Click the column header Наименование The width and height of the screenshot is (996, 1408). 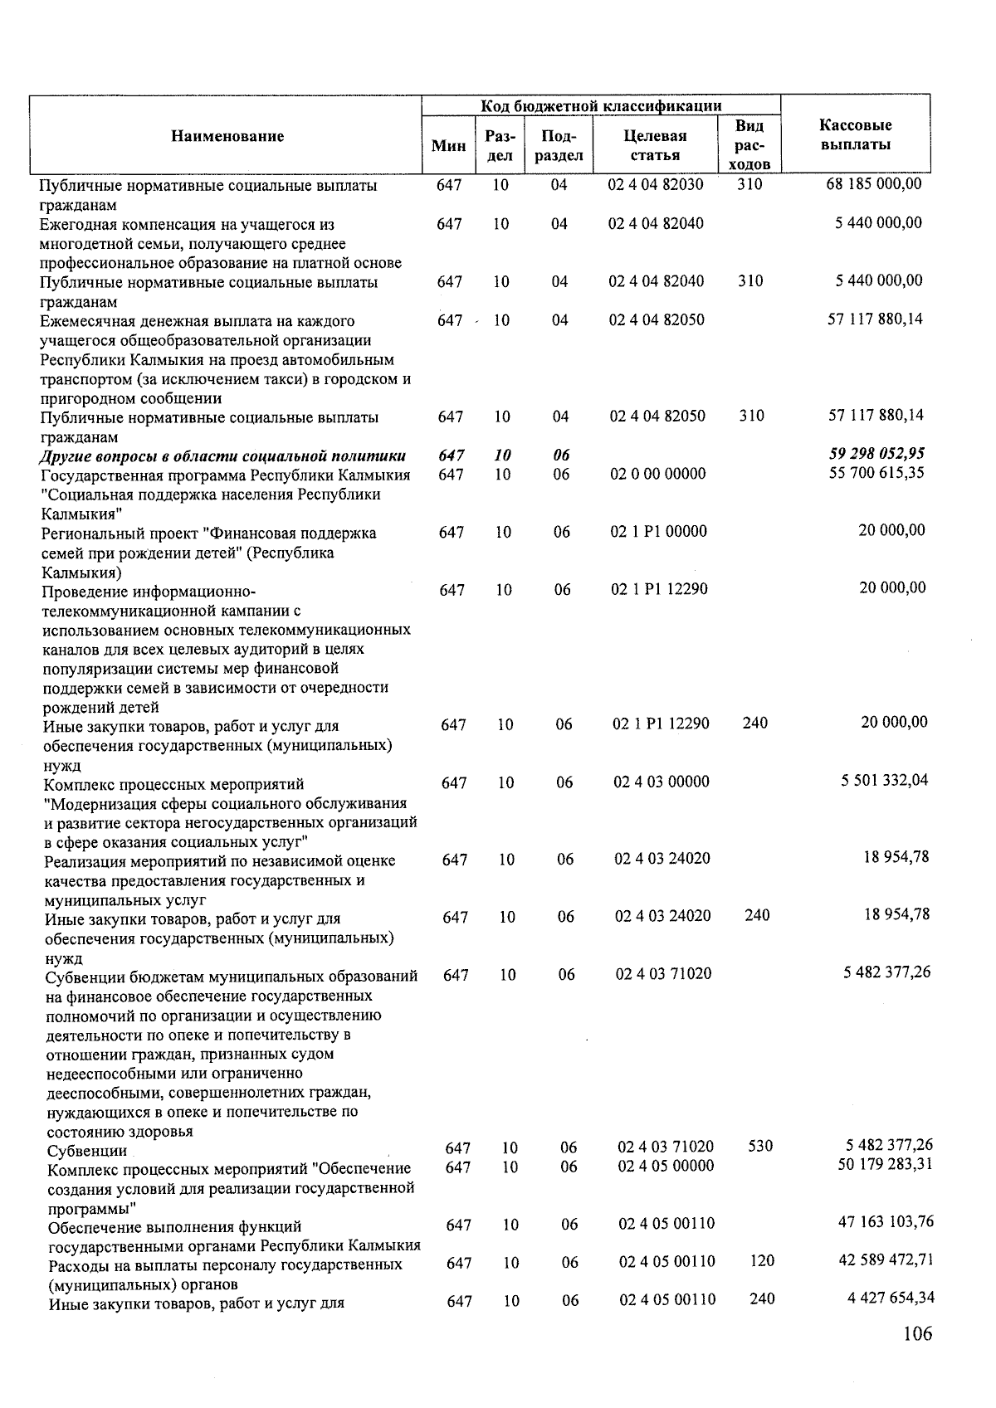coord(227,136)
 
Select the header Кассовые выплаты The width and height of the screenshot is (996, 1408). coord(855,134)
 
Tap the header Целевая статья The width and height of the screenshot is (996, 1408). coord(655,145)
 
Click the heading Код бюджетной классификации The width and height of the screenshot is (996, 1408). coord(601,105)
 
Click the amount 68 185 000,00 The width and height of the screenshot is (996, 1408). coord(873,184)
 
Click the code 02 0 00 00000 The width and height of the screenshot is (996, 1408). coord(657,474)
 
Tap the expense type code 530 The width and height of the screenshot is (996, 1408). coord(760,1146)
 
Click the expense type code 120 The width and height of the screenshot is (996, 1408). coord(761,1261)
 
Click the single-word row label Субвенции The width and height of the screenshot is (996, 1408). coord(87,1151)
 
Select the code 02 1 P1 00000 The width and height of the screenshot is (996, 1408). coord(658,531)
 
